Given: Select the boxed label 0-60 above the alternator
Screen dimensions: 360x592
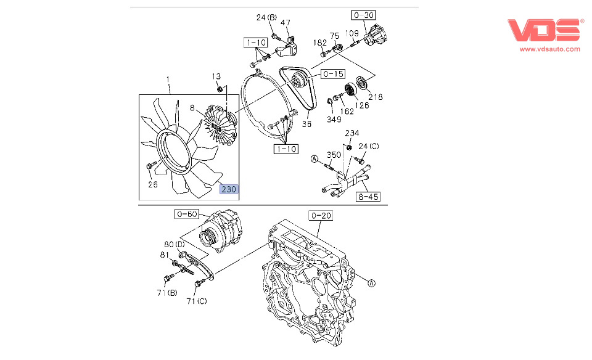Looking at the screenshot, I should click(x=186, y=215).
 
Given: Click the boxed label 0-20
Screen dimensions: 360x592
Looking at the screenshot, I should click(x=321, y=215).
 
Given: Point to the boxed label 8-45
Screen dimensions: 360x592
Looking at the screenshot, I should click(x=368, y=197).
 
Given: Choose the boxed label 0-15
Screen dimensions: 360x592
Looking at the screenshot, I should click(x=332, y=75).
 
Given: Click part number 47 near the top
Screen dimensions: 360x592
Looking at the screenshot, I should click(x=286, y=23).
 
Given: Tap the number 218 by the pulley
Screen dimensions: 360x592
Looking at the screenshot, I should click(x=375, y=97).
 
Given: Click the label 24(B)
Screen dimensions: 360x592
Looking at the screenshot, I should click(x=266, y=17).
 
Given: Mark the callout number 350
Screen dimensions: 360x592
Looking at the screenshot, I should click(x=334, y=155).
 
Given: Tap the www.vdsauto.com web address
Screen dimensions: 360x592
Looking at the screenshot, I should click(x=549, y=49).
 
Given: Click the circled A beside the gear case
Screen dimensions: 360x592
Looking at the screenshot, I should click(x=371, y=284).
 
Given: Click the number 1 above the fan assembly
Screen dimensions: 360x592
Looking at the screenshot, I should click(x=168, y=79).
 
